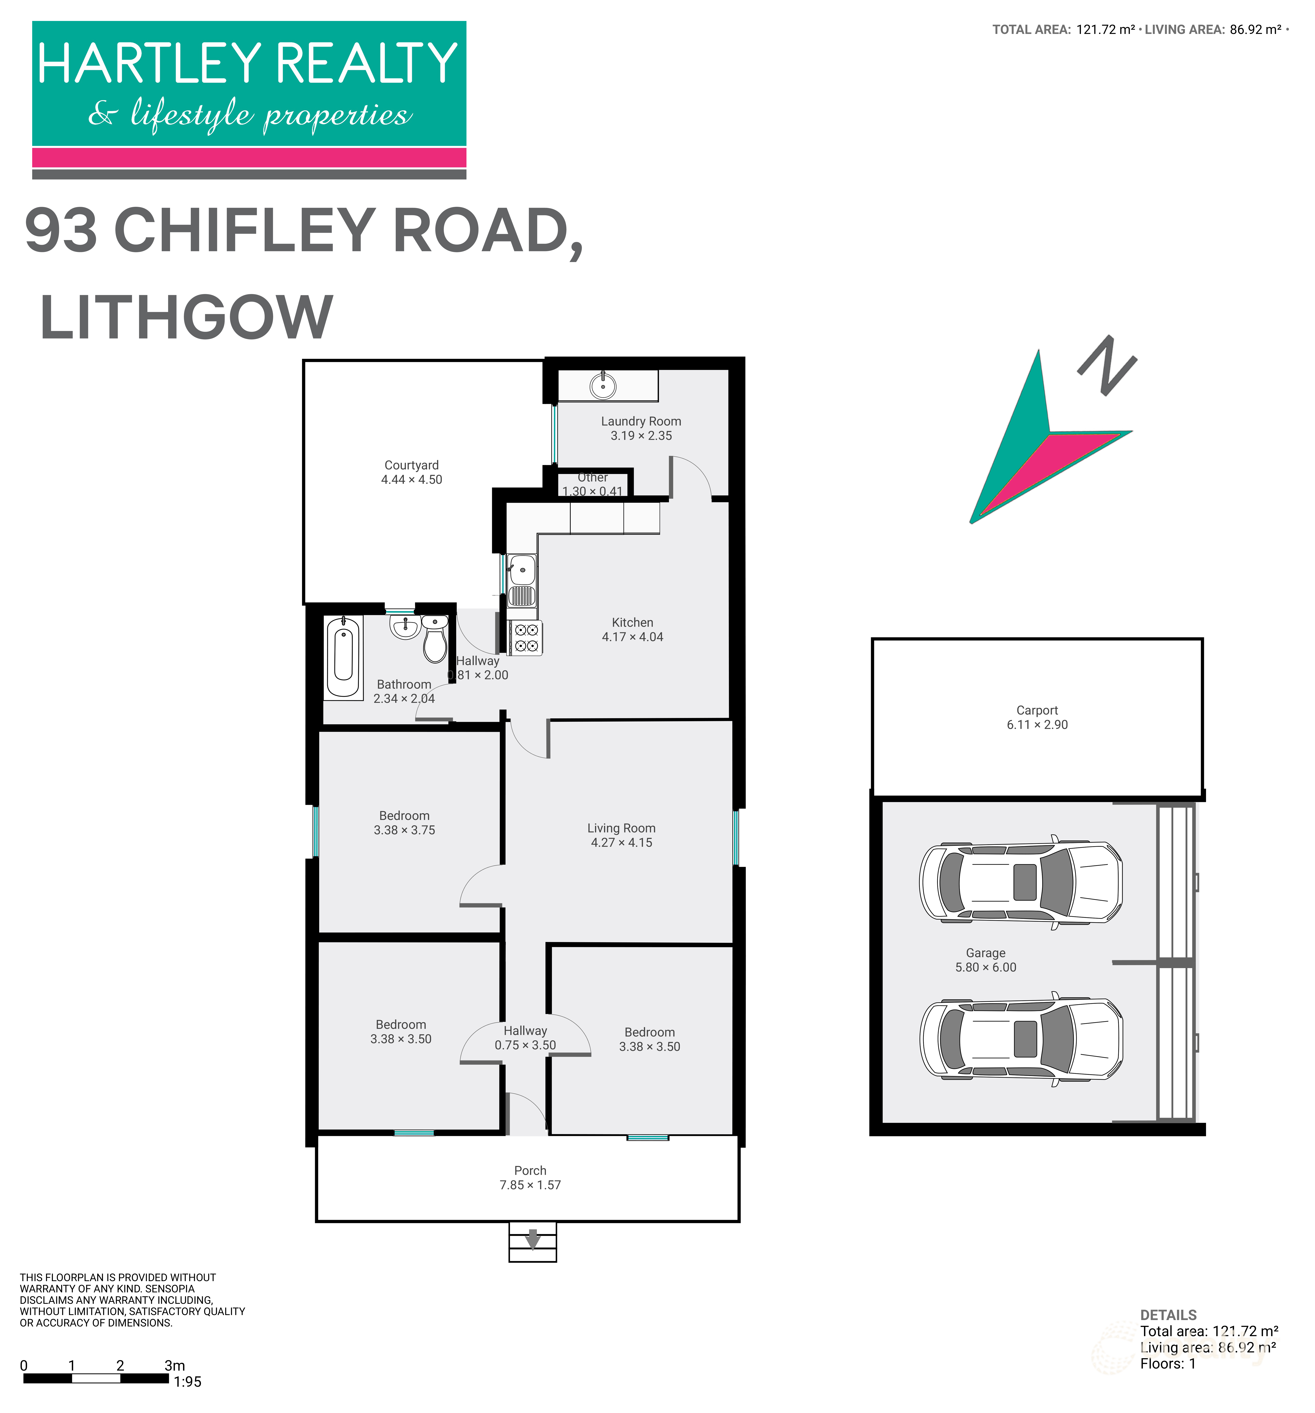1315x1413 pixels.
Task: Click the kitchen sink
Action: point(521,570)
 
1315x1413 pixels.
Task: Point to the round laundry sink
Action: point(602,386)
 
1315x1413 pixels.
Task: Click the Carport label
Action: point(1037,710)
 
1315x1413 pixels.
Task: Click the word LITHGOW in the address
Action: point(186,318)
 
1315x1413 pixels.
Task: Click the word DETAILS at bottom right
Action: point(1168,1315)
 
